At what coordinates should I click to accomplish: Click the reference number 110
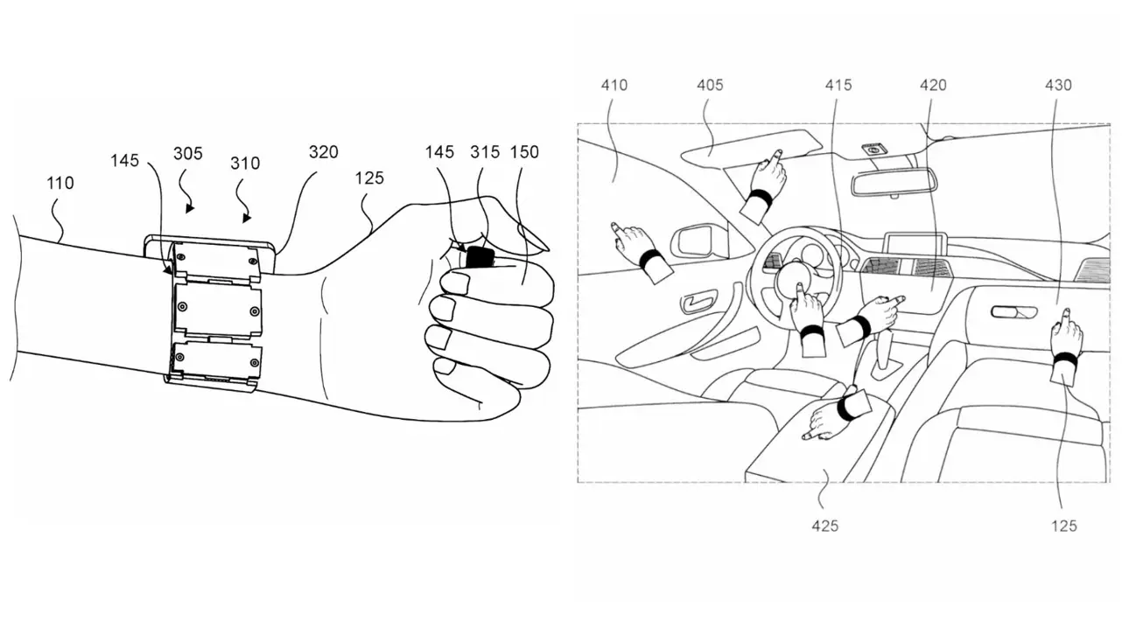pos(60,183)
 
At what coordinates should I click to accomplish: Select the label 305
pos(188,154)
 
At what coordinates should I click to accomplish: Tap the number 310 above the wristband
pos(245,164)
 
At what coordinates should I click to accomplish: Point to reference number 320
pos(323,152)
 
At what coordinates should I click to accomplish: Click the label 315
pos(485,152)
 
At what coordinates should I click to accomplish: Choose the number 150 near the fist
pos(524,152)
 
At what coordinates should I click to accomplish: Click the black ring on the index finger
pos(480,257)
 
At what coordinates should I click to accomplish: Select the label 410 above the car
pos(614,86)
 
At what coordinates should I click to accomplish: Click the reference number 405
pos(710,86)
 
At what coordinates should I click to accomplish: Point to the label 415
pos(838,86)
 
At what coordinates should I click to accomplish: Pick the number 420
pos(933,86)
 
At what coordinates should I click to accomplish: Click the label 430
pos(1058,86)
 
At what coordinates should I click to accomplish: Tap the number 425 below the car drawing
pos(825,527)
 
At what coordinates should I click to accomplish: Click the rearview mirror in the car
pos(893,182)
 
